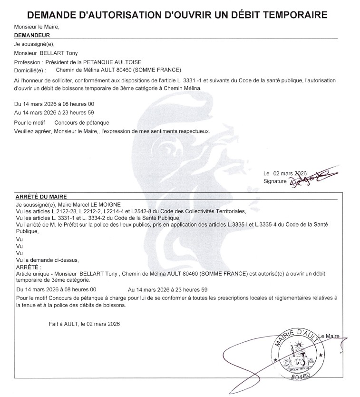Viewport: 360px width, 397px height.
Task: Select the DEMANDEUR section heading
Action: click(x=32, y=35)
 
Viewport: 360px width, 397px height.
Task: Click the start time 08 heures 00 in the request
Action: click(x=74, y=103)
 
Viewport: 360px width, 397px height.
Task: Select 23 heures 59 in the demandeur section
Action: click(x=74, y=112)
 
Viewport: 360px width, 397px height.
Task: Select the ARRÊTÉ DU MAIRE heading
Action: click(x=41, y=196)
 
